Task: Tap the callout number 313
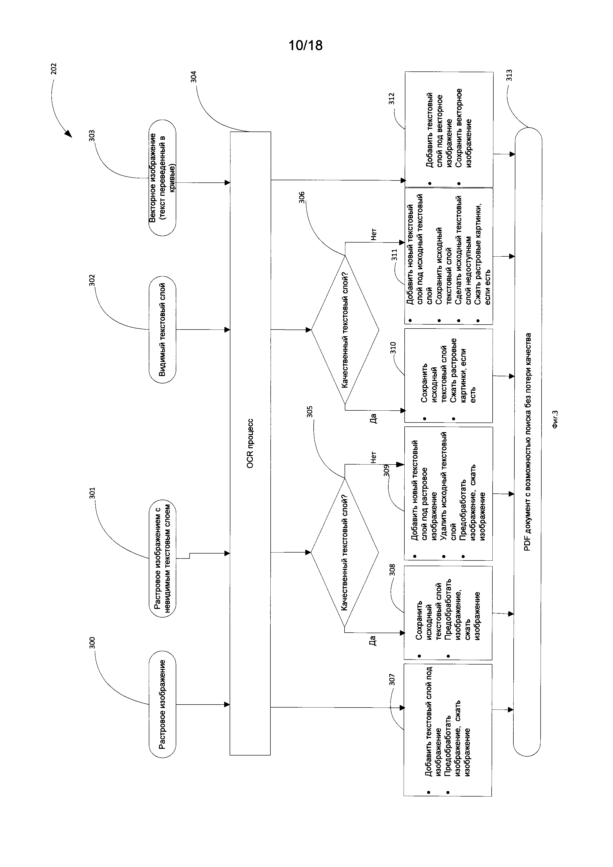coord(509,75)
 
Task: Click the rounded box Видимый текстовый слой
coord(162,329)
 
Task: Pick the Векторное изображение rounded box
coord(162,178)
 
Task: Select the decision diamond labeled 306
coord(345,330)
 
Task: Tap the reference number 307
coord(392,680)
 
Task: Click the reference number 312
coord(392,99)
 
